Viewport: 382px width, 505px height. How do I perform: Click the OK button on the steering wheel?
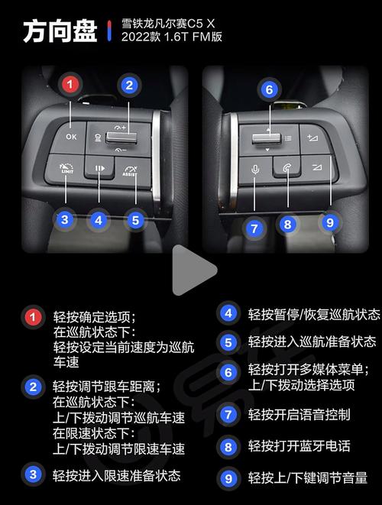click(71, 137)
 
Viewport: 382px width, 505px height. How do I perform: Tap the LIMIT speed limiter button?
click(66, 168)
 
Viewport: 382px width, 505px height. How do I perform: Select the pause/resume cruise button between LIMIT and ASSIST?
click(99, 167)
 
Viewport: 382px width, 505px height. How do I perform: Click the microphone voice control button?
click(255, 170)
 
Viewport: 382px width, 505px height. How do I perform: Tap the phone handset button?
click(287, 167)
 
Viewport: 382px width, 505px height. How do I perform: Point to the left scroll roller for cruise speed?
click(121, 138)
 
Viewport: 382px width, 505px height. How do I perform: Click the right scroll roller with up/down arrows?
click(267, 138)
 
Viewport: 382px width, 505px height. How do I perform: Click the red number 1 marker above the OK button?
click(70, 85)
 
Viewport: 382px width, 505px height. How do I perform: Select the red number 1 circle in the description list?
click(33, 317)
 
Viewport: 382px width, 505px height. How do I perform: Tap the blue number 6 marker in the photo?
click(269, 89)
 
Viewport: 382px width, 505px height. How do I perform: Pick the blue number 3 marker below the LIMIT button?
click(65, 220)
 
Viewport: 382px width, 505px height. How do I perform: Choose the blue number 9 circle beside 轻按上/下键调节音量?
click(228, 478)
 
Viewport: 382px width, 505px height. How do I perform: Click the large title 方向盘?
click(60, 31)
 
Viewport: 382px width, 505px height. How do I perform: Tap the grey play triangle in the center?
click(193, 270)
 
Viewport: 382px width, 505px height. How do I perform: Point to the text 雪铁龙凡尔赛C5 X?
click(168, 24)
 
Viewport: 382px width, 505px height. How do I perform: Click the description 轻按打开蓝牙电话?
click(299, 446)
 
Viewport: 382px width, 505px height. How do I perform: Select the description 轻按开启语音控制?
click(299, 415)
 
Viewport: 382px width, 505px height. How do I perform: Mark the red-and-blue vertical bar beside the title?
click(109, 31)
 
